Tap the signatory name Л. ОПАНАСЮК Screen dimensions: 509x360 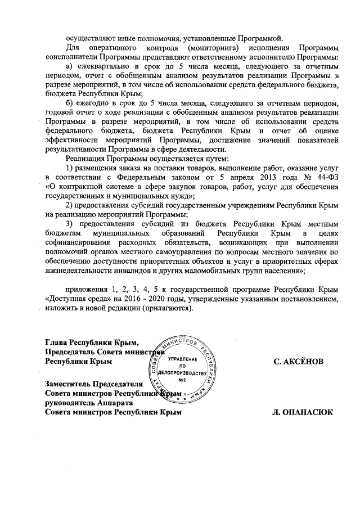[x=303, y=412]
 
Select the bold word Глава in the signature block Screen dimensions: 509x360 [x=57, y=343]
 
